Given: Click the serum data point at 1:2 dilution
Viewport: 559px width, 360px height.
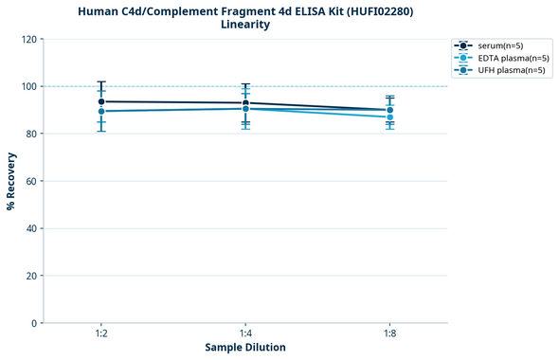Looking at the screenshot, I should (101, 101).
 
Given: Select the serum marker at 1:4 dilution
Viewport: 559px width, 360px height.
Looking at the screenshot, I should (245, 103).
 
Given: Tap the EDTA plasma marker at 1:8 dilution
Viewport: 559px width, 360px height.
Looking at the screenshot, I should (390, 117).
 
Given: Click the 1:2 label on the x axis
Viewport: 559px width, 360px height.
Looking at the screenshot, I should (101, 334).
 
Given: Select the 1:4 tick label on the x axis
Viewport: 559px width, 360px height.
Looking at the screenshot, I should (245, 334).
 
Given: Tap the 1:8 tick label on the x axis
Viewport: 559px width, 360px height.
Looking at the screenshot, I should (390, 334).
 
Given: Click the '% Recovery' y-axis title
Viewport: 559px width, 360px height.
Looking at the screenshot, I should (11, 181).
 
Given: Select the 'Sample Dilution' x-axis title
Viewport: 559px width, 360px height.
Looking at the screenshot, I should (245, 348).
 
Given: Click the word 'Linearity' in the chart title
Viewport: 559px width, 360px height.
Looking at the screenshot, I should (245, 25).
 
